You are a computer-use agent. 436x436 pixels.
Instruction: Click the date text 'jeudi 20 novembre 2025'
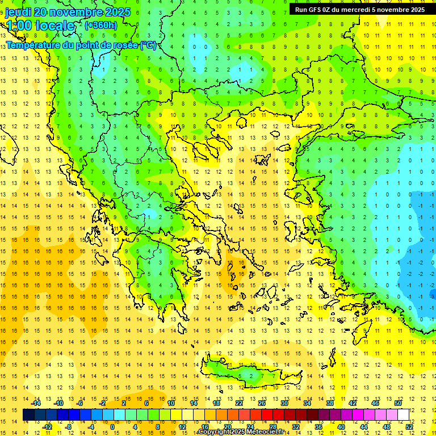tap(68, 12)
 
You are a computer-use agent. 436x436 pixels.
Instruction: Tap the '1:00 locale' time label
tap(40, 26)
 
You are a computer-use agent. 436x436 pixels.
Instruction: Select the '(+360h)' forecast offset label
tap(101, 26)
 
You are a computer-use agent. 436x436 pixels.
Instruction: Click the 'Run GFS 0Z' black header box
tap(359, 10)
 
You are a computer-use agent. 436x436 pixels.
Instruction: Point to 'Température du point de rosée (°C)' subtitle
tap(81, 45)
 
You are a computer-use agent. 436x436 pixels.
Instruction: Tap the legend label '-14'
tap(36, 403)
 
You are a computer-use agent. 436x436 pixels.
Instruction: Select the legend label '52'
tap(409, 427)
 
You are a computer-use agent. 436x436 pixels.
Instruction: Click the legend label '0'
tap(112, 427)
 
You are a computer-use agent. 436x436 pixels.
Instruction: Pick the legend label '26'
tap(262, 403)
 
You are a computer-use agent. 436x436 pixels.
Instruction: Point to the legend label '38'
tap(330, 403)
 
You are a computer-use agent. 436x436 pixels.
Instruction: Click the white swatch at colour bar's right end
tap(403, 415)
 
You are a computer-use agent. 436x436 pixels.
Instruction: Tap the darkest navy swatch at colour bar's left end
tap(28, 415)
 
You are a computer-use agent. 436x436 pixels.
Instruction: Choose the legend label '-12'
tap(47, 427)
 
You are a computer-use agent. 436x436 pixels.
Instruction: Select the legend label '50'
tap(398, 403)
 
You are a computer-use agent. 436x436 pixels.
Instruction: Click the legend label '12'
tap(182, 427)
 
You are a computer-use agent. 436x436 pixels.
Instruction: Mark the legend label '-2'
tap(103, 403)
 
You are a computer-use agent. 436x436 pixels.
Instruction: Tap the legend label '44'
tap(364, 427)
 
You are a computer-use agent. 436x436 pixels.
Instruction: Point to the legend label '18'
tap(216, 403)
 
